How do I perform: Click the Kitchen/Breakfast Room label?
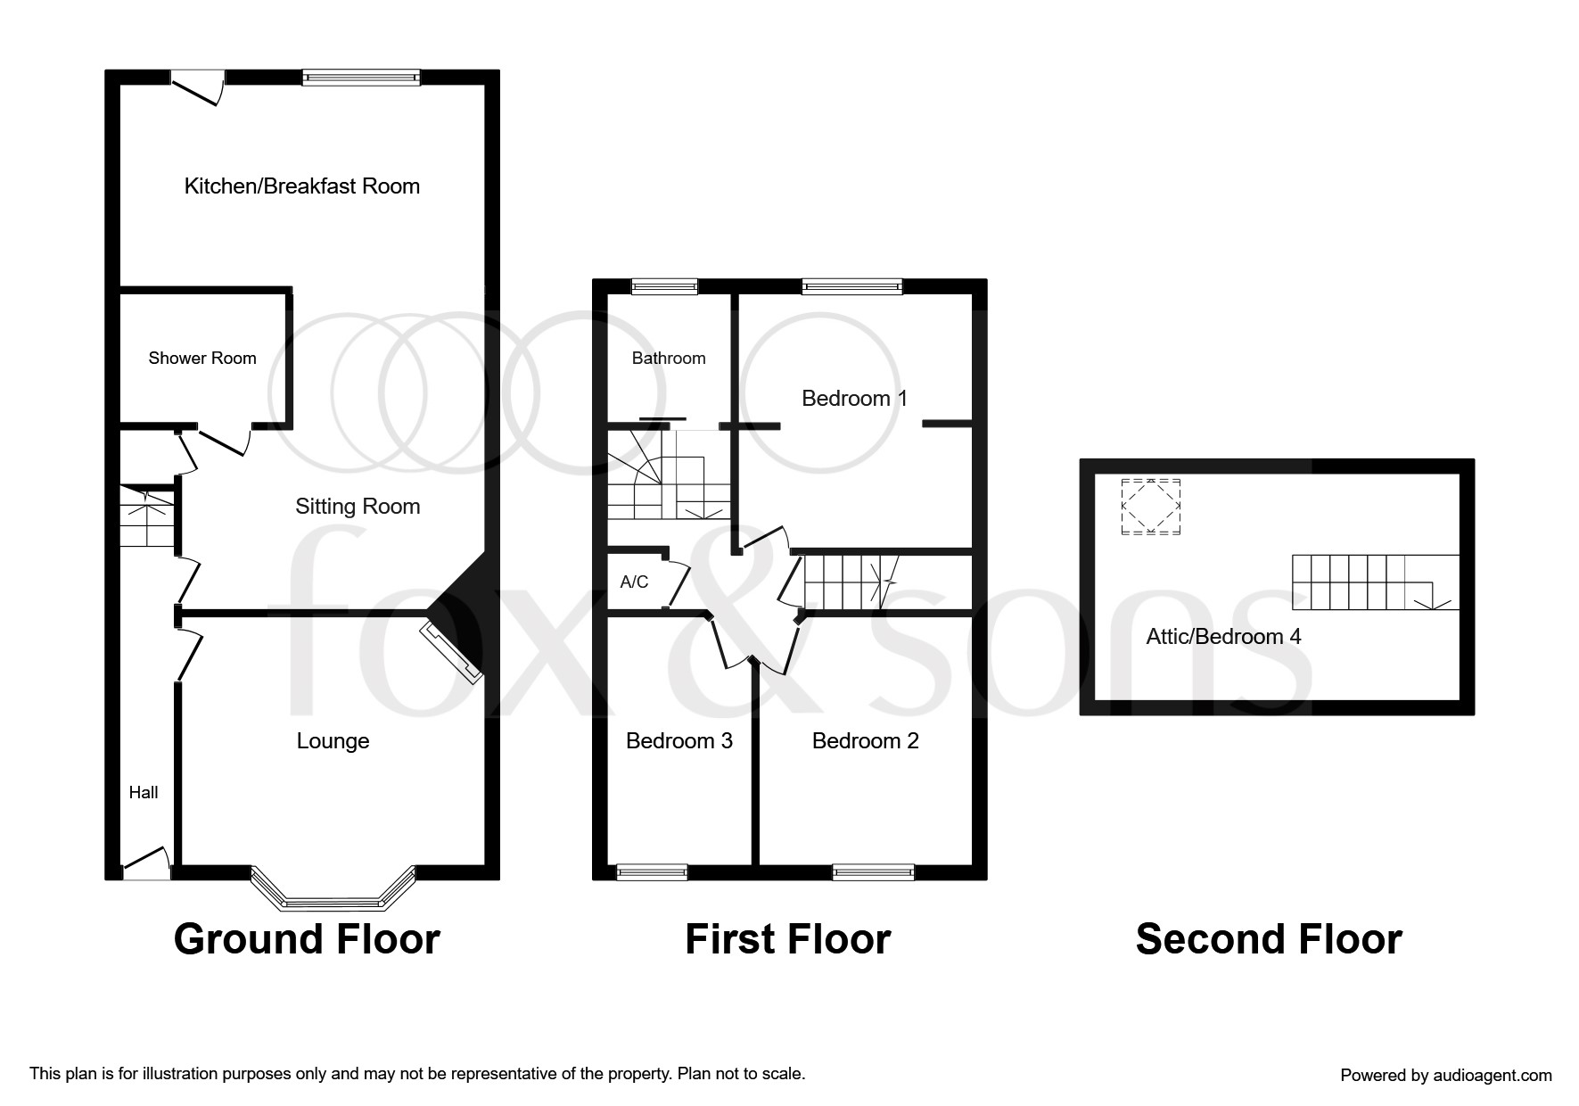click(x=301, y=186)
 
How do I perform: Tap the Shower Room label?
click(x=202, y=359)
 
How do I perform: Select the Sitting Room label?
click(x=358, y=507)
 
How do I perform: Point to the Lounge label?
click(x=333, y=741)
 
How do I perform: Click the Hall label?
click(x=144, y=792)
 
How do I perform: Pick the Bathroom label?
click(x=669, y=359)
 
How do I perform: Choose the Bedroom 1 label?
click(x=854, y=399)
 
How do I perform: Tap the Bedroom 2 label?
click(x=865, y=741)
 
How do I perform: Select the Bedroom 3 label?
click(x=679, y=741)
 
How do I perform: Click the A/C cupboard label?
click(x=634, y=582)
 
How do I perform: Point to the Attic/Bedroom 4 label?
click(x=1223, y=637)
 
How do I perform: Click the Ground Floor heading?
click(x=307, y=939)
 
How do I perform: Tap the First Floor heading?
click(x=788, y=939)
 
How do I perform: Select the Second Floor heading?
click(x=1269, y=939)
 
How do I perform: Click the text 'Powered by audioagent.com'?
click(x=1446, y=1076)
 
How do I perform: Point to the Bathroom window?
click(x=664, y=286)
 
